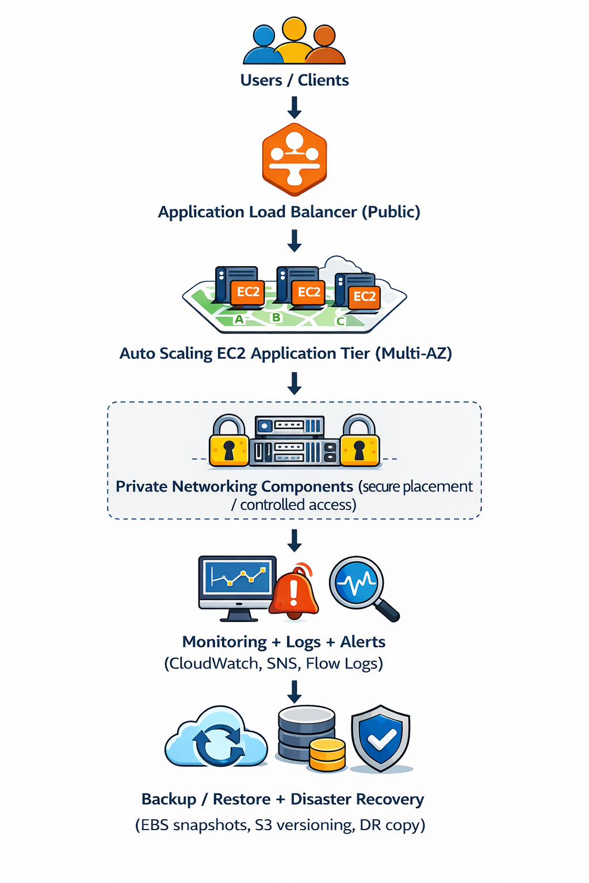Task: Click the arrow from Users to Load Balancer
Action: pos(294,107)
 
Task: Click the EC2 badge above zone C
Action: pos(364,297)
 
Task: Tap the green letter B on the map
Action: pos(277,317)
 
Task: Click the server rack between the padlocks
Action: pos(294,441)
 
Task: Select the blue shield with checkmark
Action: pos(381,738)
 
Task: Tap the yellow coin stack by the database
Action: pos(327,754)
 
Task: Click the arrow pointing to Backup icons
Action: pos(294,692)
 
